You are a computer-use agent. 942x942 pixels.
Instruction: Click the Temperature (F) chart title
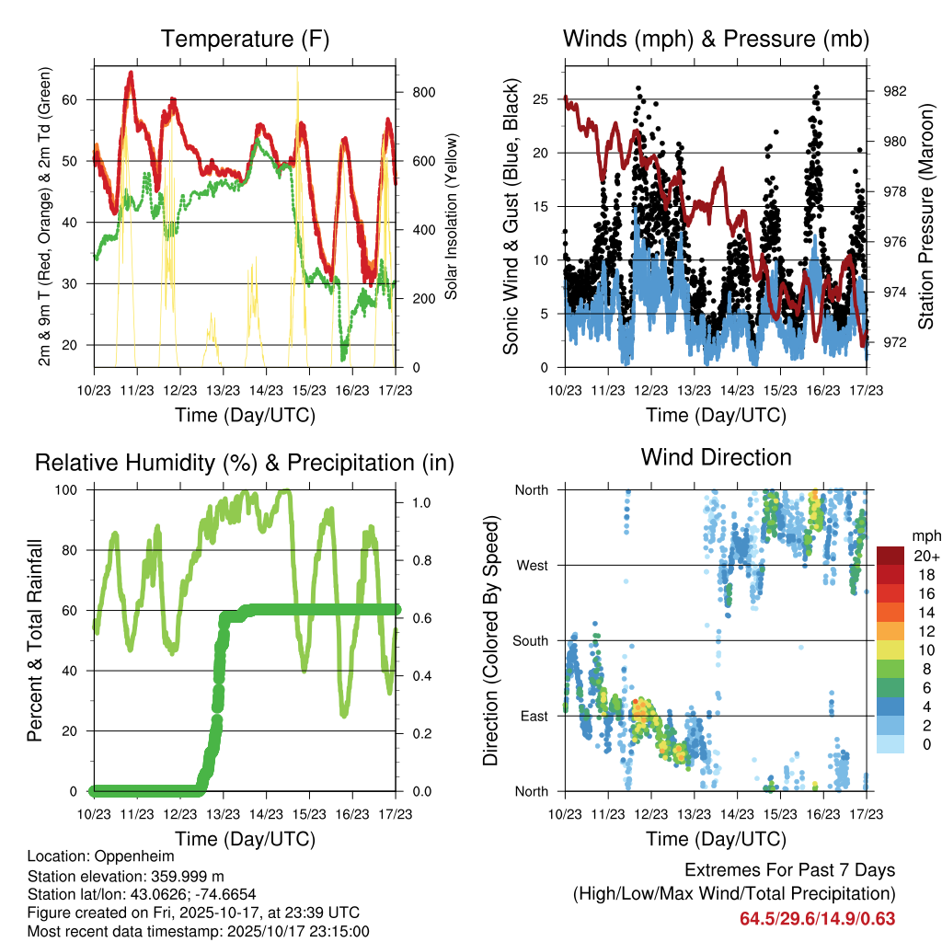[x=245, y=40]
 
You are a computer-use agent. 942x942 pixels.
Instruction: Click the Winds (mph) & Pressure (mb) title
[x=716, y=40]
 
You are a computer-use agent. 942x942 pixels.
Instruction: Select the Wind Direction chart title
[x=716, y=457]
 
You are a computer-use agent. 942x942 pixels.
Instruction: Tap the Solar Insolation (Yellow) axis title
[x=451, y=217]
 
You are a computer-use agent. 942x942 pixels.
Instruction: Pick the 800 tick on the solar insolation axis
[x=424, y=92]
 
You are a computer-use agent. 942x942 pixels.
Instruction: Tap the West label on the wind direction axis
[x=533, y=565]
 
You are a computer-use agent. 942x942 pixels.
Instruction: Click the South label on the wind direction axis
[x=530, y=640]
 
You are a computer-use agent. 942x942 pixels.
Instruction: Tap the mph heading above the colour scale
[x=925, y=535]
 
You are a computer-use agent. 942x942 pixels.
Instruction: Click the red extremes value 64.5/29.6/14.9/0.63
[x=817, y=918]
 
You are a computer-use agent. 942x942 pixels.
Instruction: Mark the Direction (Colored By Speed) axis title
[x=491, y=640]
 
